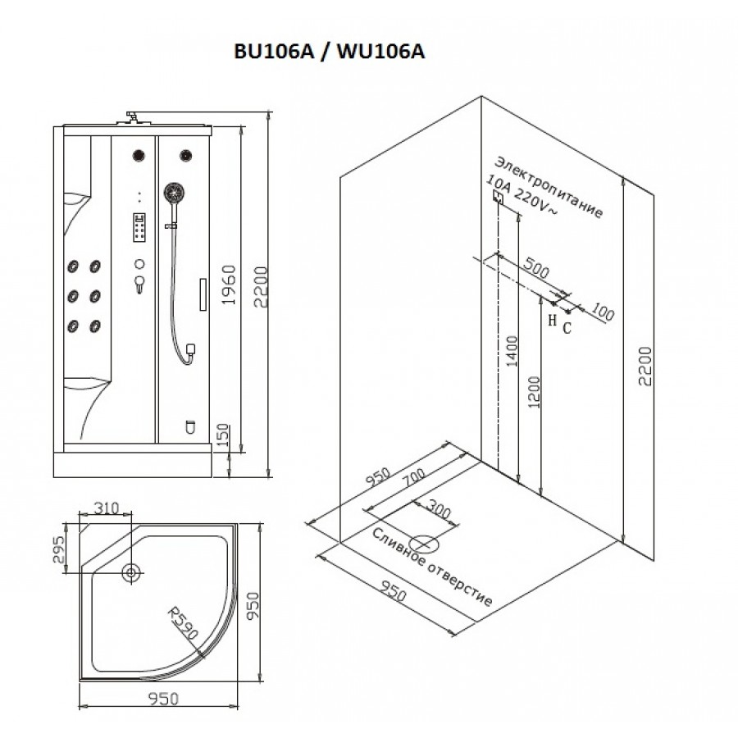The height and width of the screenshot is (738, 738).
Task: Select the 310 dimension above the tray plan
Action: (x=105, y=508)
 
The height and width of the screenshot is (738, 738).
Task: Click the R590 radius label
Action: (x=182, y=626)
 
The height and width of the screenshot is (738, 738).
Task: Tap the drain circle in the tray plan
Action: (x=130, y=572)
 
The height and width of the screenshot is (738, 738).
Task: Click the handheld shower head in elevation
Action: (x=173, y=194)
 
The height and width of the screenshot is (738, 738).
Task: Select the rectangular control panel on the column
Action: (x=139, y=227)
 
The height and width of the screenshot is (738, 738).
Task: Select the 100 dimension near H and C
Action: (x=602, y=312)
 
